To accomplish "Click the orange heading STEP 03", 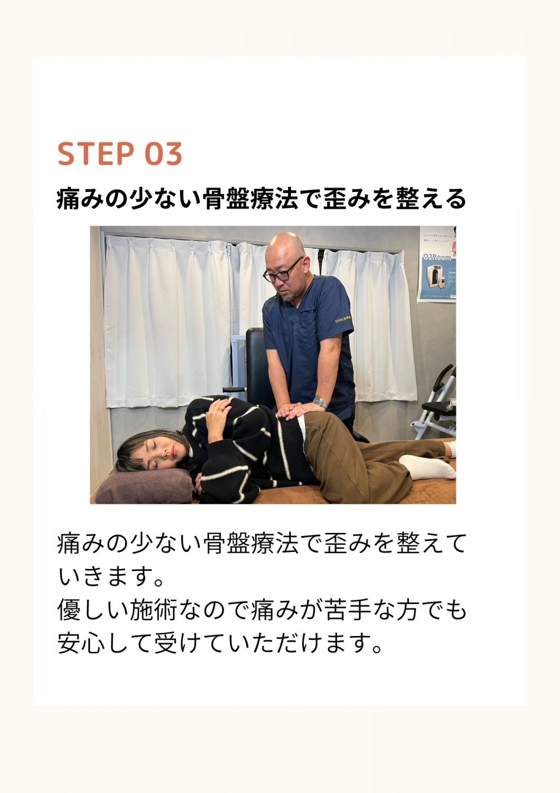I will tap(120, 154).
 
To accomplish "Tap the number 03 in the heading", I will tap(163, 154).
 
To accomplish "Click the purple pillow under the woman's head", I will tap(144, 486).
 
